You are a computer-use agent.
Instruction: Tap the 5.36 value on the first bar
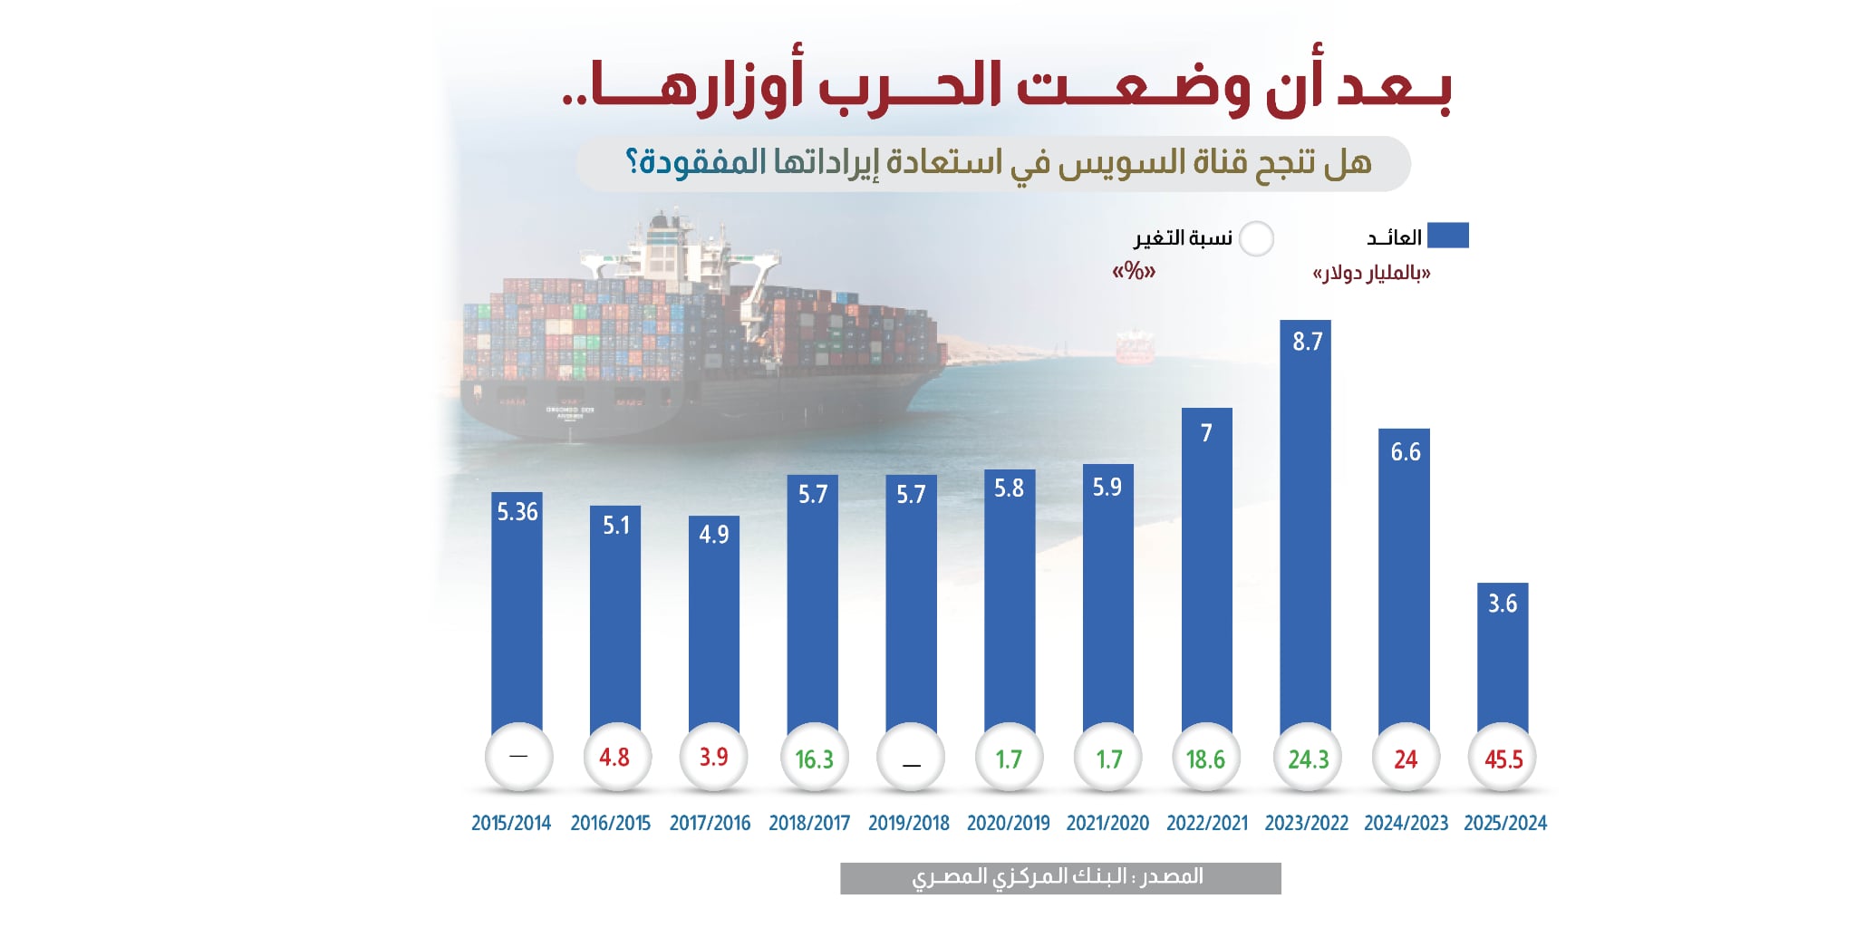coord(517,512)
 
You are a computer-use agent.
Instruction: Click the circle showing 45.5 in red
coord(1503,759)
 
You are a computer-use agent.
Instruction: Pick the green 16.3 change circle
coord(814,759)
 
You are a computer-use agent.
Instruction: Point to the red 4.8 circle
coord(615,758)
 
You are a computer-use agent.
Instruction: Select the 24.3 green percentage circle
coord(1308,759)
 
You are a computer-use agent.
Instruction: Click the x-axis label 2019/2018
coord(909,823)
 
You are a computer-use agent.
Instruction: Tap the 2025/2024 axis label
coord(1505,823)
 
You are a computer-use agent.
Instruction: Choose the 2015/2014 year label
coord(511,823)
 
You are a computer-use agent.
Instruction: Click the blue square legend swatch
coord(1447,236)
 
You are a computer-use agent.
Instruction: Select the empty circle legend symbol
coord(1256,239)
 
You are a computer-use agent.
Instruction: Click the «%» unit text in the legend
coord(1134,271)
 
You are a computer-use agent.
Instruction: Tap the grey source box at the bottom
coord(1060,877)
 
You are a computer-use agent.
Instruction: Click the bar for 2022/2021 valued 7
coord(1206,571)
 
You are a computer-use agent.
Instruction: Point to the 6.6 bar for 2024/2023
coord(1404,580)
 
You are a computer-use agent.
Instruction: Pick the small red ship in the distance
coord(1134,347)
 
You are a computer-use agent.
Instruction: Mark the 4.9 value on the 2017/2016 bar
coord(714,535)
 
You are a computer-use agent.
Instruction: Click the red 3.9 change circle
coord(713,758)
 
